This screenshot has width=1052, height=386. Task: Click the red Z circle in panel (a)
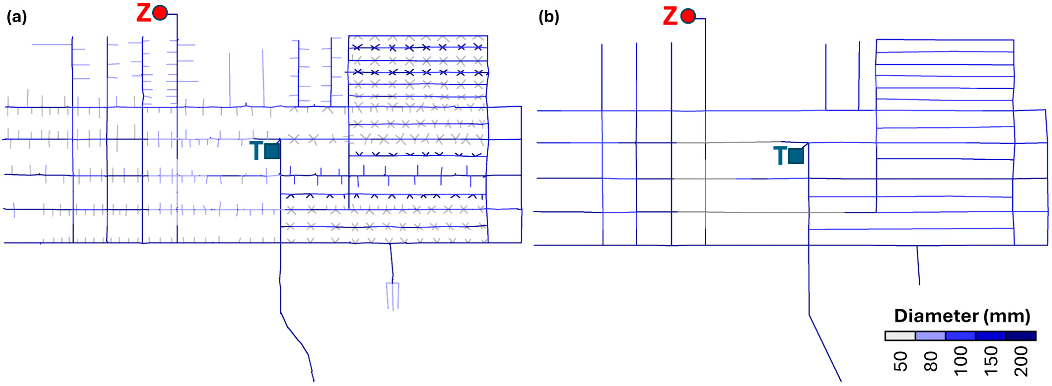point(160,13)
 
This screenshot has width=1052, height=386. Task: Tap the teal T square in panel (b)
point(796,156)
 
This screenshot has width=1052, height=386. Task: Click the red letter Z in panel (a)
point(143,13)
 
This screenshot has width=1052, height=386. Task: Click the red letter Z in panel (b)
point(670,17)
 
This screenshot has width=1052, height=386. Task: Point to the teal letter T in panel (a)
point(256,150)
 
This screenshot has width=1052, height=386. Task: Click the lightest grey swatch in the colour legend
point(900,336)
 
